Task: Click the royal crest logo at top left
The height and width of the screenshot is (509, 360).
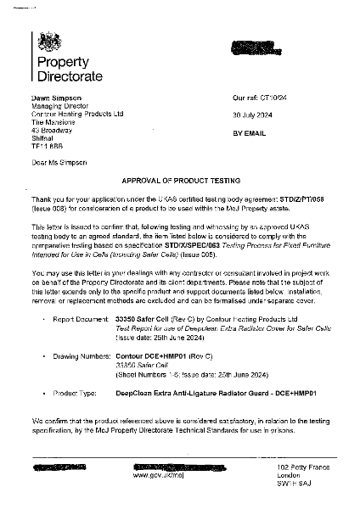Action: (x=42, y=43)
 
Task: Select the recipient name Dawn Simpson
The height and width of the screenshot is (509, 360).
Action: (x=53, y=98)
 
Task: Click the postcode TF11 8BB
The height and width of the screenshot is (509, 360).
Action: (x=48, y=146)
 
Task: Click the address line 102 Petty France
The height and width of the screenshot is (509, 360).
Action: (x=305, y=467)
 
